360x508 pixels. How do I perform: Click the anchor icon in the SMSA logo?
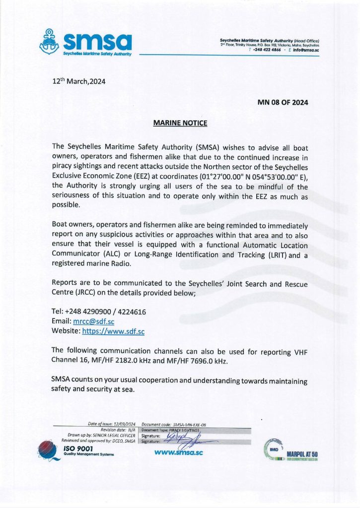(x=52, y=41)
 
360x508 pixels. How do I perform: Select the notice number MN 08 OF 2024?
(x=283, y=103)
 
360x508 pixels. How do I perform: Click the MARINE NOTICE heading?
(x=180, y=123)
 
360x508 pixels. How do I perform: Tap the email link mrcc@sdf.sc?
(x=94, y=321)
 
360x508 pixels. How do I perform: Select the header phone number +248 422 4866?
(x=267, y=50)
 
